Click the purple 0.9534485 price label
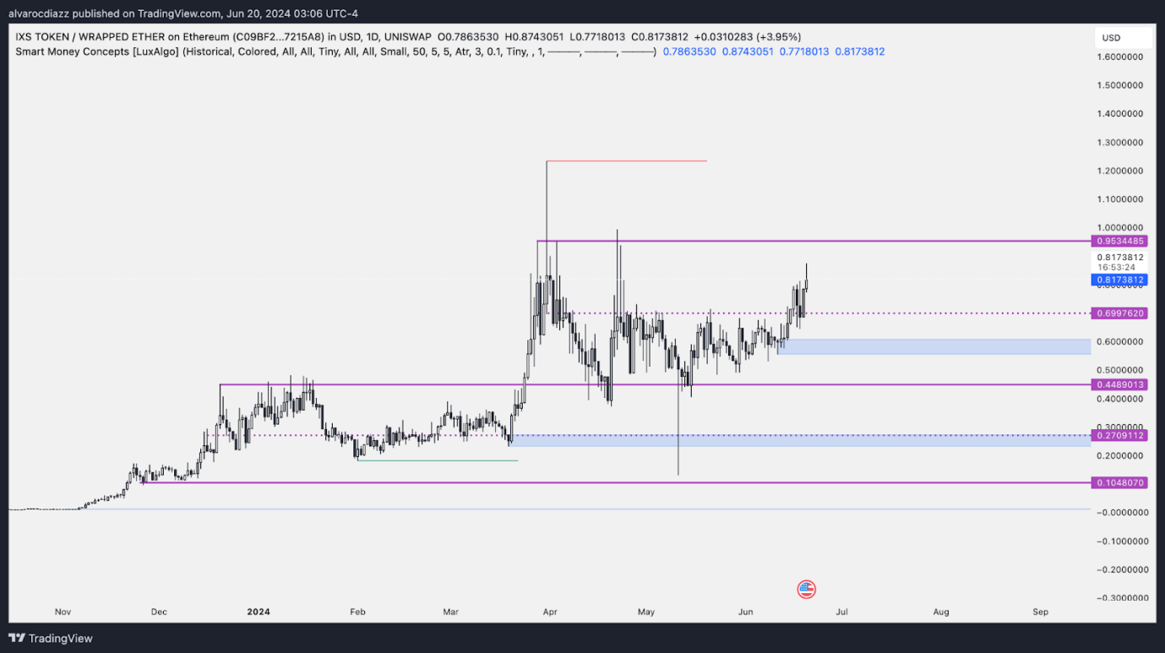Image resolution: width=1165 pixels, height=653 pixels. coord(1120,242)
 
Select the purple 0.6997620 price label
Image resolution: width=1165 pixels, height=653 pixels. coord(1120,313)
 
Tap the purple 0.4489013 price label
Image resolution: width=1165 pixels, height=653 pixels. coord(1120,384)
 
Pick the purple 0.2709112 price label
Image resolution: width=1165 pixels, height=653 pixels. coord(1120,435)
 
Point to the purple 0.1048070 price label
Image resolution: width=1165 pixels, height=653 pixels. coord(1120,482)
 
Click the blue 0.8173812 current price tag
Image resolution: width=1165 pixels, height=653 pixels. coord(1120,280)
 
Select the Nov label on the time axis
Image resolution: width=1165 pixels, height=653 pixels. coord(63,612)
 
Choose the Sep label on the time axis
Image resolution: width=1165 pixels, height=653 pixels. coord(1041,612)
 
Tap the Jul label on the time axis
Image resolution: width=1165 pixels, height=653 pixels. coord(841,612)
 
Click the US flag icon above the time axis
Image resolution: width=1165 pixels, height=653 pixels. coord(806,590)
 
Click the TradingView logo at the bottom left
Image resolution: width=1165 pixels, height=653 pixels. coord(52,639)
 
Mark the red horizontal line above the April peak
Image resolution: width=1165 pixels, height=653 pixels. coord(626,161)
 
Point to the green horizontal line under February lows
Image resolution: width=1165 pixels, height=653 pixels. coord(437,460)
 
